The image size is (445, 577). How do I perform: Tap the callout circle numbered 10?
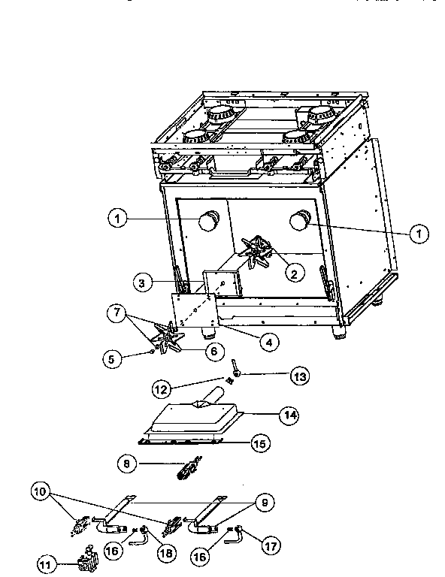point(41,492)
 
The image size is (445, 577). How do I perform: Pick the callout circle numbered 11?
point(47,563)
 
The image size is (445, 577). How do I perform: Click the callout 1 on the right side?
point(418,234)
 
